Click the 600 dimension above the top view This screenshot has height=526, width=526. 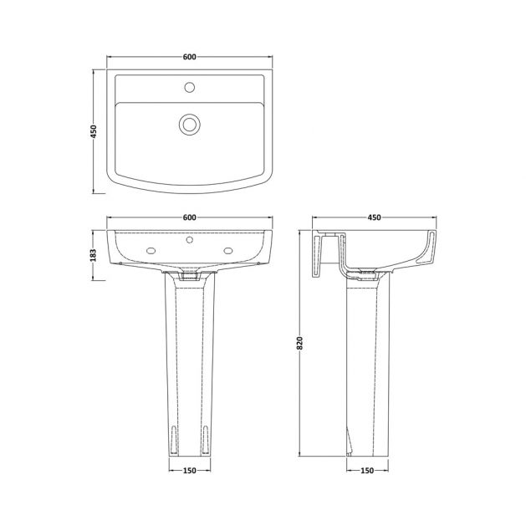190,57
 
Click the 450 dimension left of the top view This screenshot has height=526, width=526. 94,131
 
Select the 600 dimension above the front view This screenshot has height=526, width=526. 190,217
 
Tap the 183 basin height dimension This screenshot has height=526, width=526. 94,255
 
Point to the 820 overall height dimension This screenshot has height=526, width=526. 300,343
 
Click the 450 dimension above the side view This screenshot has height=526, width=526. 374,217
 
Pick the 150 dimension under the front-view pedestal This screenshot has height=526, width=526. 190,471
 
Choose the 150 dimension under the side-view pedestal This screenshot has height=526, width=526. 367,471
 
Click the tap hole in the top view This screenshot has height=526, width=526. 190,87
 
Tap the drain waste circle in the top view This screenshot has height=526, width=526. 190,124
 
